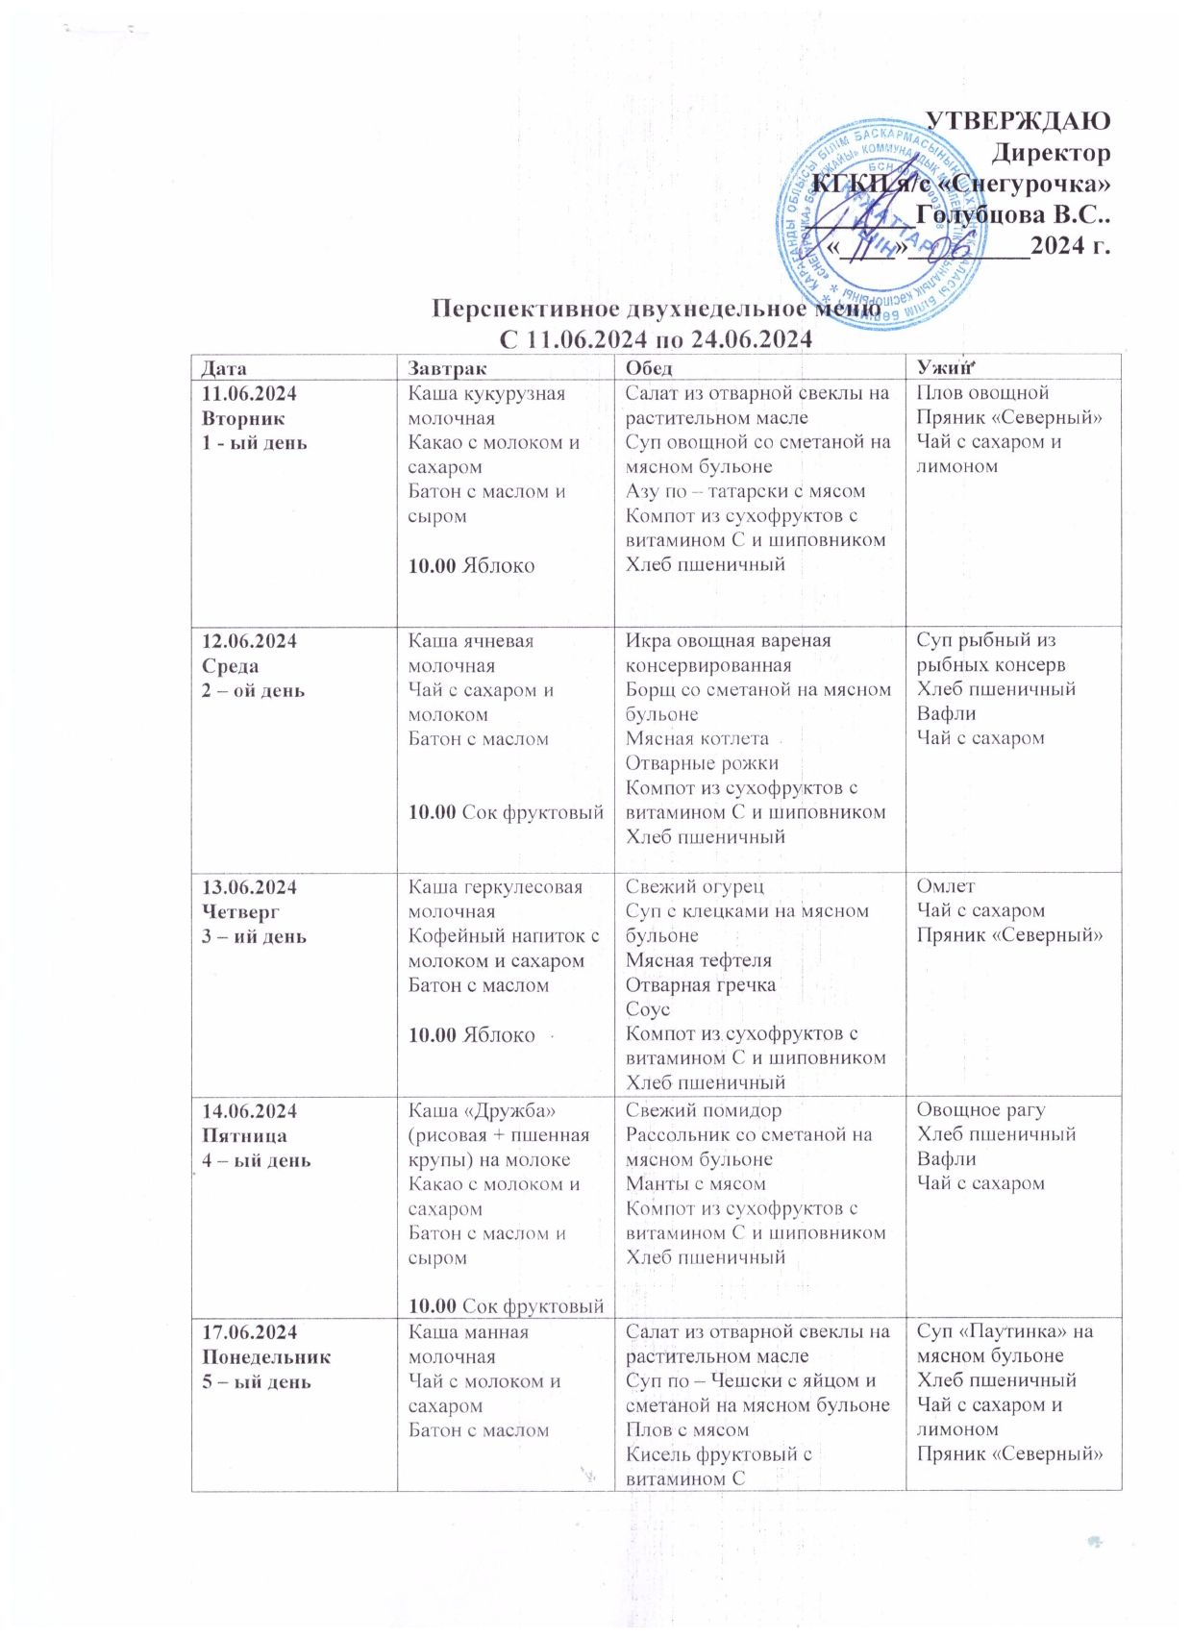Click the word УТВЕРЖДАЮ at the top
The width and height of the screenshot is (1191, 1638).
(1017, 121)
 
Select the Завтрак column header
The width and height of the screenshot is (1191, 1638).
(447, 368)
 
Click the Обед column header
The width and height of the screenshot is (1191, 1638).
(649, 368)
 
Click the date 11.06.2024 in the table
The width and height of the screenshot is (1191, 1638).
(249, 394)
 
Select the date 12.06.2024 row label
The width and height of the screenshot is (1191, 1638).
(249, 641)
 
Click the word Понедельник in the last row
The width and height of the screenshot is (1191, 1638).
(266, 1357)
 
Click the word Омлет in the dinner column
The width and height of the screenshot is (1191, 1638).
(945, 886)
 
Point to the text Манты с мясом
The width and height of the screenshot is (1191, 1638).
(696, 1184)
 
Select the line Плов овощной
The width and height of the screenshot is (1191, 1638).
(981, 393)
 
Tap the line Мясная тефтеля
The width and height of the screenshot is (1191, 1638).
(699, 960)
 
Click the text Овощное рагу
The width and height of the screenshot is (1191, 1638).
(980, 1110)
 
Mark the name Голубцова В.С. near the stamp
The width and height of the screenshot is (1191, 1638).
(1013, 214)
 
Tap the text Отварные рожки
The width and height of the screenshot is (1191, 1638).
(702, 763)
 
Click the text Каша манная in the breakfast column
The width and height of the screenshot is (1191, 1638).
(468, 1332)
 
